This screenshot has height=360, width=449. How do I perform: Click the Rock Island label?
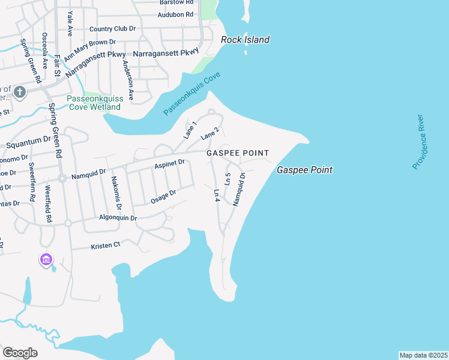pyautogui.click(x=245, y=40)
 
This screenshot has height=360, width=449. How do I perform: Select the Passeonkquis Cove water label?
pyautogui.click(x=192, y=94)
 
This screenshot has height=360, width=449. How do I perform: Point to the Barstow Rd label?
pyautogui.click(x=176, y=2)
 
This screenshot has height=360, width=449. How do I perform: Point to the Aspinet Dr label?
pyautogui.click(x=169, y=163)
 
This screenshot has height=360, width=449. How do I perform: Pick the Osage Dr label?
pyautogui.click(x=163, y=197)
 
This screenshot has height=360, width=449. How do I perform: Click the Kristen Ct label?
pyautogui.click(x=106, y=245)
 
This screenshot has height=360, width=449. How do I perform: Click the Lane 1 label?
pyautogui.click(x=190, y=130)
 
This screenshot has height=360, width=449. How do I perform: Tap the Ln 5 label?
pyautogui.click(x=228, y=179)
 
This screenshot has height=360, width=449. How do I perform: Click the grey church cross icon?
pyautogui.click(x=20, y=92)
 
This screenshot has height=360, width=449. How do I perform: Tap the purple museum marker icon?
pyautogui.click(x=46, y=260)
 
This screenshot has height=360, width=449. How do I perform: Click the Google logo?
pyautogui.click(x=20, y=353)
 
